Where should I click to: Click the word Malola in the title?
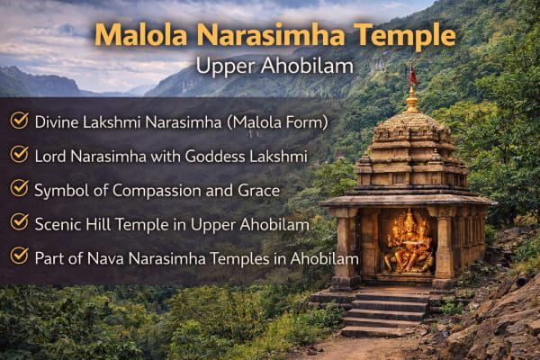140,35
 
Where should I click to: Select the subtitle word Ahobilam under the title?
307,66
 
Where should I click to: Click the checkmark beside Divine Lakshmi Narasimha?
19,121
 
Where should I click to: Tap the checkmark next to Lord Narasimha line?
19,154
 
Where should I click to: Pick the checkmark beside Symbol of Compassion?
19,188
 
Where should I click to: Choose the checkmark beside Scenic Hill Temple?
19,222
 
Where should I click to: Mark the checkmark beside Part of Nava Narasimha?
19,256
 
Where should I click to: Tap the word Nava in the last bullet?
105,258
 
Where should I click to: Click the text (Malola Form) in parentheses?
277,122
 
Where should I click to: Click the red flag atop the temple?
412,75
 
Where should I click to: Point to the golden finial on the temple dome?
411,100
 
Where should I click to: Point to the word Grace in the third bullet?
259,191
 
